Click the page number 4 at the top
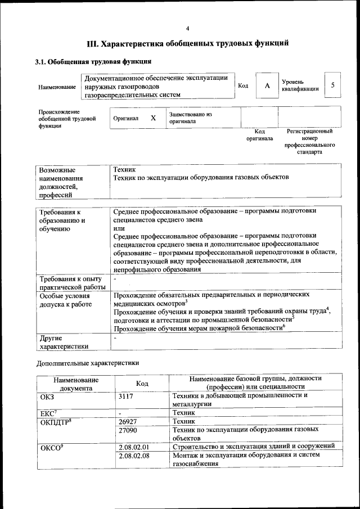[x=187, y=29]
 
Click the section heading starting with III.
[x=187, y=43]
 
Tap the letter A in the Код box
[x=267, y=85]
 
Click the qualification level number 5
[x=333, y=85]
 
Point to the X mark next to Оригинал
[x=152, y=118]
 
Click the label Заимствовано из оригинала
[x=190, y=118]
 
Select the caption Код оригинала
[x=259, y=134]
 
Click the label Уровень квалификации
[x=300, y=85]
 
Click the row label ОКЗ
[x=47, y=395]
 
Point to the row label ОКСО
[x=49, y=447]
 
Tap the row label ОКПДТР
[x=55, y=421]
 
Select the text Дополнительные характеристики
[x=87, y=363]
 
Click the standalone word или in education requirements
[x=119, y=228]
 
